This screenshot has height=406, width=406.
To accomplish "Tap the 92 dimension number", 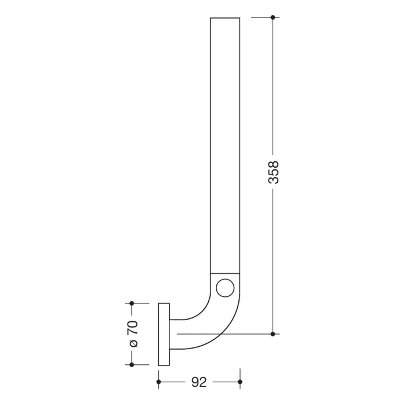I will click(x=199, y=382).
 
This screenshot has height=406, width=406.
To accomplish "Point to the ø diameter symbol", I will click(x=133, y=344).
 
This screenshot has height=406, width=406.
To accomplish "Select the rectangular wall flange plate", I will click(x=164, y=334).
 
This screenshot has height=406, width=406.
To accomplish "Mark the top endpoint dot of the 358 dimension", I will click(x=273, y=17).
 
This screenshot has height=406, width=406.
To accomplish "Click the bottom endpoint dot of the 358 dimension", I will click(x=273, y=334).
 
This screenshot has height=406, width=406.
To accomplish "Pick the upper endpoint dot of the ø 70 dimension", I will click(x=132, y=303).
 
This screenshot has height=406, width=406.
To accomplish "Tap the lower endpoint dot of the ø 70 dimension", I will click(x=132, y=365).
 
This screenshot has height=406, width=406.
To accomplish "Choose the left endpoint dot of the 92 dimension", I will click(x=158, y=382).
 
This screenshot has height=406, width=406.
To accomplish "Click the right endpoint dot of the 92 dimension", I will click(x=240, y=382).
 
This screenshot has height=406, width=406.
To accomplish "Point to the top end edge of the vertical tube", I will click(x=224, y=18).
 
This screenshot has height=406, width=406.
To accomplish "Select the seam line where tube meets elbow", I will click(x=224, y=272).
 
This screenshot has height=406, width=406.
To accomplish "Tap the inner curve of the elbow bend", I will click(x=203, y=310).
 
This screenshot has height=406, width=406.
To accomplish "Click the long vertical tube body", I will click(x=224, y=145).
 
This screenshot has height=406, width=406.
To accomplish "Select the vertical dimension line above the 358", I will click(x=273, y=87).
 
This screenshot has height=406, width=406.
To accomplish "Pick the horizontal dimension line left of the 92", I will click(x=174, y=382).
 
